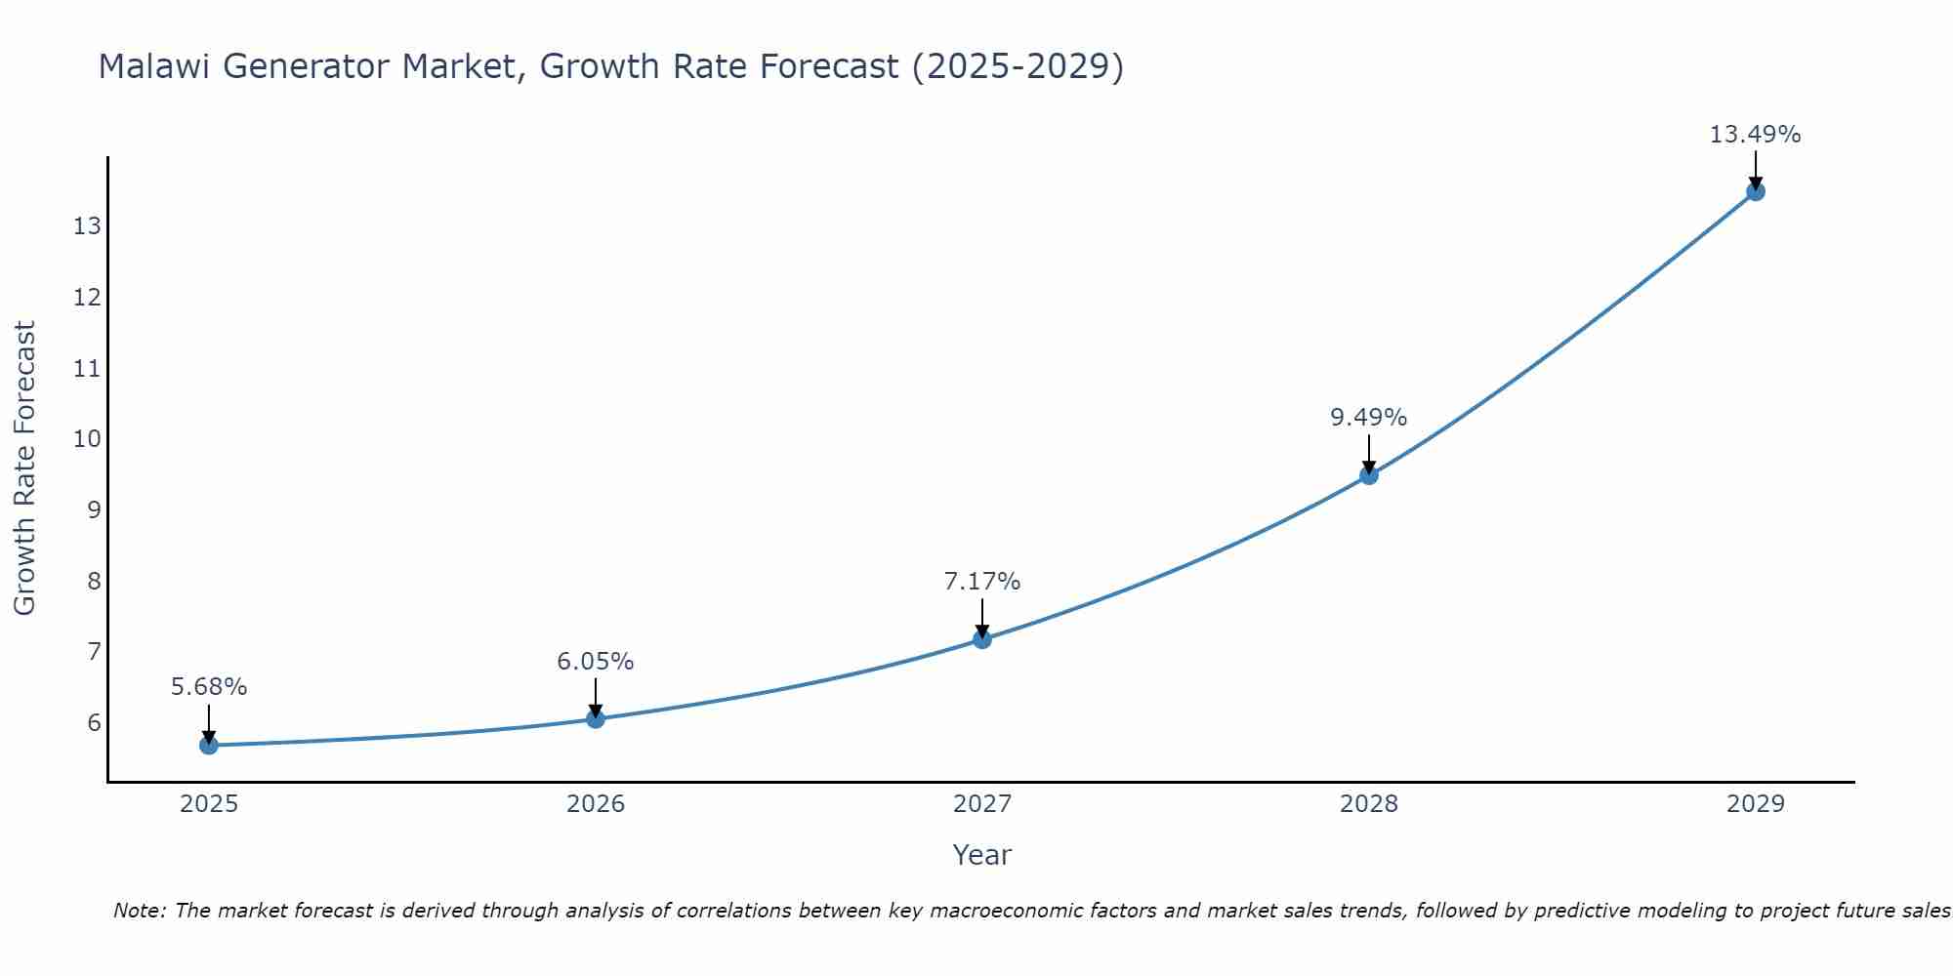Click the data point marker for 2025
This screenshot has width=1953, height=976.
click(209, 746)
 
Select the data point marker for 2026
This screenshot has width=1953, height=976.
click(596, 719)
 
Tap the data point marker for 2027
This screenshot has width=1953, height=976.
click(982, 639)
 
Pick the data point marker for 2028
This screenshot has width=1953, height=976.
click(1369, 475)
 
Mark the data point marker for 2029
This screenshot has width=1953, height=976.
click(1756, 191)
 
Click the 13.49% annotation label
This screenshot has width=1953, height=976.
click(1755, 135)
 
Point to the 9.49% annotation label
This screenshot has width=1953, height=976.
click(1368, 418)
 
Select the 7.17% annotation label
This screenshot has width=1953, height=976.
click(981, 582)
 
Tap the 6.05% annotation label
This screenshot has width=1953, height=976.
click(595, 662)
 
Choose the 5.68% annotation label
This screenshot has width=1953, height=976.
click(209, 687)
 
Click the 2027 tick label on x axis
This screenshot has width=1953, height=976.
click(982, 804)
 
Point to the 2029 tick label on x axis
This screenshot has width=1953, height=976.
click(1756, 804)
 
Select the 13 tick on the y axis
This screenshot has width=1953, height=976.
click(87, 226)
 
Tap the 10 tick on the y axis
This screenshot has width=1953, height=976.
click(87, 439)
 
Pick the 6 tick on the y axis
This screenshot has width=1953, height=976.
click(94, 723)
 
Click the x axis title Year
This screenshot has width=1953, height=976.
click(981, 855)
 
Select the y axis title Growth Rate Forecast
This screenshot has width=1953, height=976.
click(24, 468)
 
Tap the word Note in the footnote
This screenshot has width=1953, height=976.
click(140, 911)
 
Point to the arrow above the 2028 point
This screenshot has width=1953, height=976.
click(1369, 454)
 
